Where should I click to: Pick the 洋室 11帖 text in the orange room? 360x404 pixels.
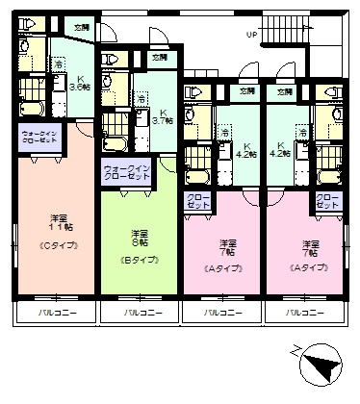click(x=57, y=224)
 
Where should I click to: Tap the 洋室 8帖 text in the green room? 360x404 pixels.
click(x=141, y=238)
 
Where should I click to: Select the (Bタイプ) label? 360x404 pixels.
click(x=140, y=261)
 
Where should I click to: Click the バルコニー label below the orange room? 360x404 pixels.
click(x=53, y=315)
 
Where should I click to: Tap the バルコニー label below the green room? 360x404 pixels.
click(x=140, y=315)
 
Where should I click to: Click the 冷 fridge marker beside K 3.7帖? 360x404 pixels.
click(x=142, y=99)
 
